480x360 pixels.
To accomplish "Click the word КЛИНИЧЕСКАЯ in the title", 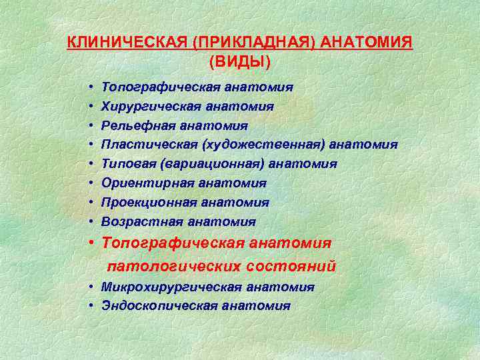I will point(127,43).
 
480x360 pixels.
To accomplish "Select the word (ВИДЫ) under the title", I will point(240,62).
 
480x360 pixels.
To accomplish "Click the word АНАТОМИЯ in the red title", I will point(367,43).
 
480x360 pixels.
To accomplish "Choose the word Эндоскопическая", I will point(157,306).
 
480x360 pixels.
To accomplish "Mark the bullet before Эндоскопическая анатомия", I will point(90,306).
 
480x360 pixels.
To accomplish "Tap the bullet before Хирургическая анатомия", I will point(90,107).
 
